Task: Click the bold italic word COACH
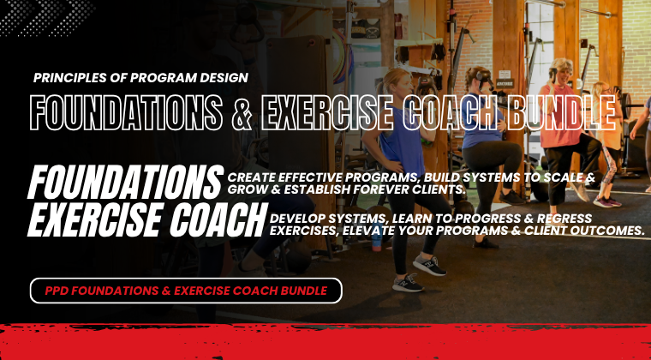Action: pyautogui.click(x=218, y=219)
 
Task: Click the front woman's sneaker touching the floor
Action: pyautogui.click(x=408, y=283)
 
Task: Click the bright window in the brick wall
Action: pyautogui.click(x=539, y=45)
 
